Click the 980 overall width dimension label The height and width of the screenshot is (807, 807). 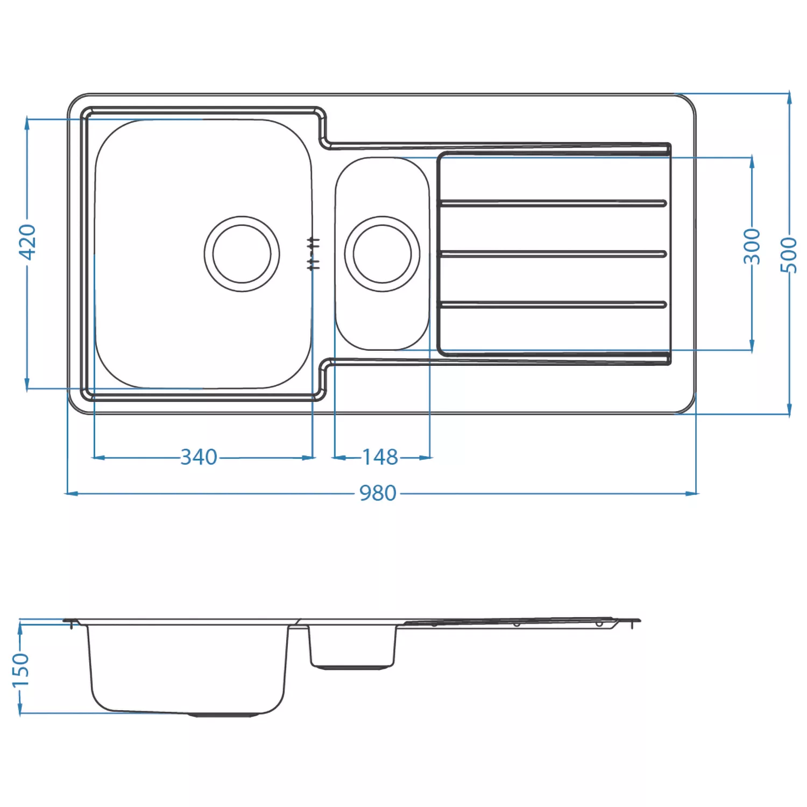(378, 493)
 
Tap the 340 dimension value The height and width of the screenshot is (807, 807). (199, 457)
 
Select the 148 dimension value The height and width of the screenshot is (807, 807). (380, 457)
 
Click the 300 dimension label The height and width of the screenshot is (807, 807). (752, 246)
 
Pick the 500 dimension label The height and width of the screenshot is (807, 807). (789, 254)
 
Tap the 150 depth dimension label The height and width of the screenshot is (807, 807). (20, 670)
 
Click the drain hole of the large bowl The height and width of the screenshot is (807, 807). (242, 254)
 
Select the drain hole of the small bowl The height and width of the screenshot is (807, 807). (382, 254)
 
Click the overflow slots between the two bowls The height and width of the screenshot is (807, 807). (313, 253)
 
